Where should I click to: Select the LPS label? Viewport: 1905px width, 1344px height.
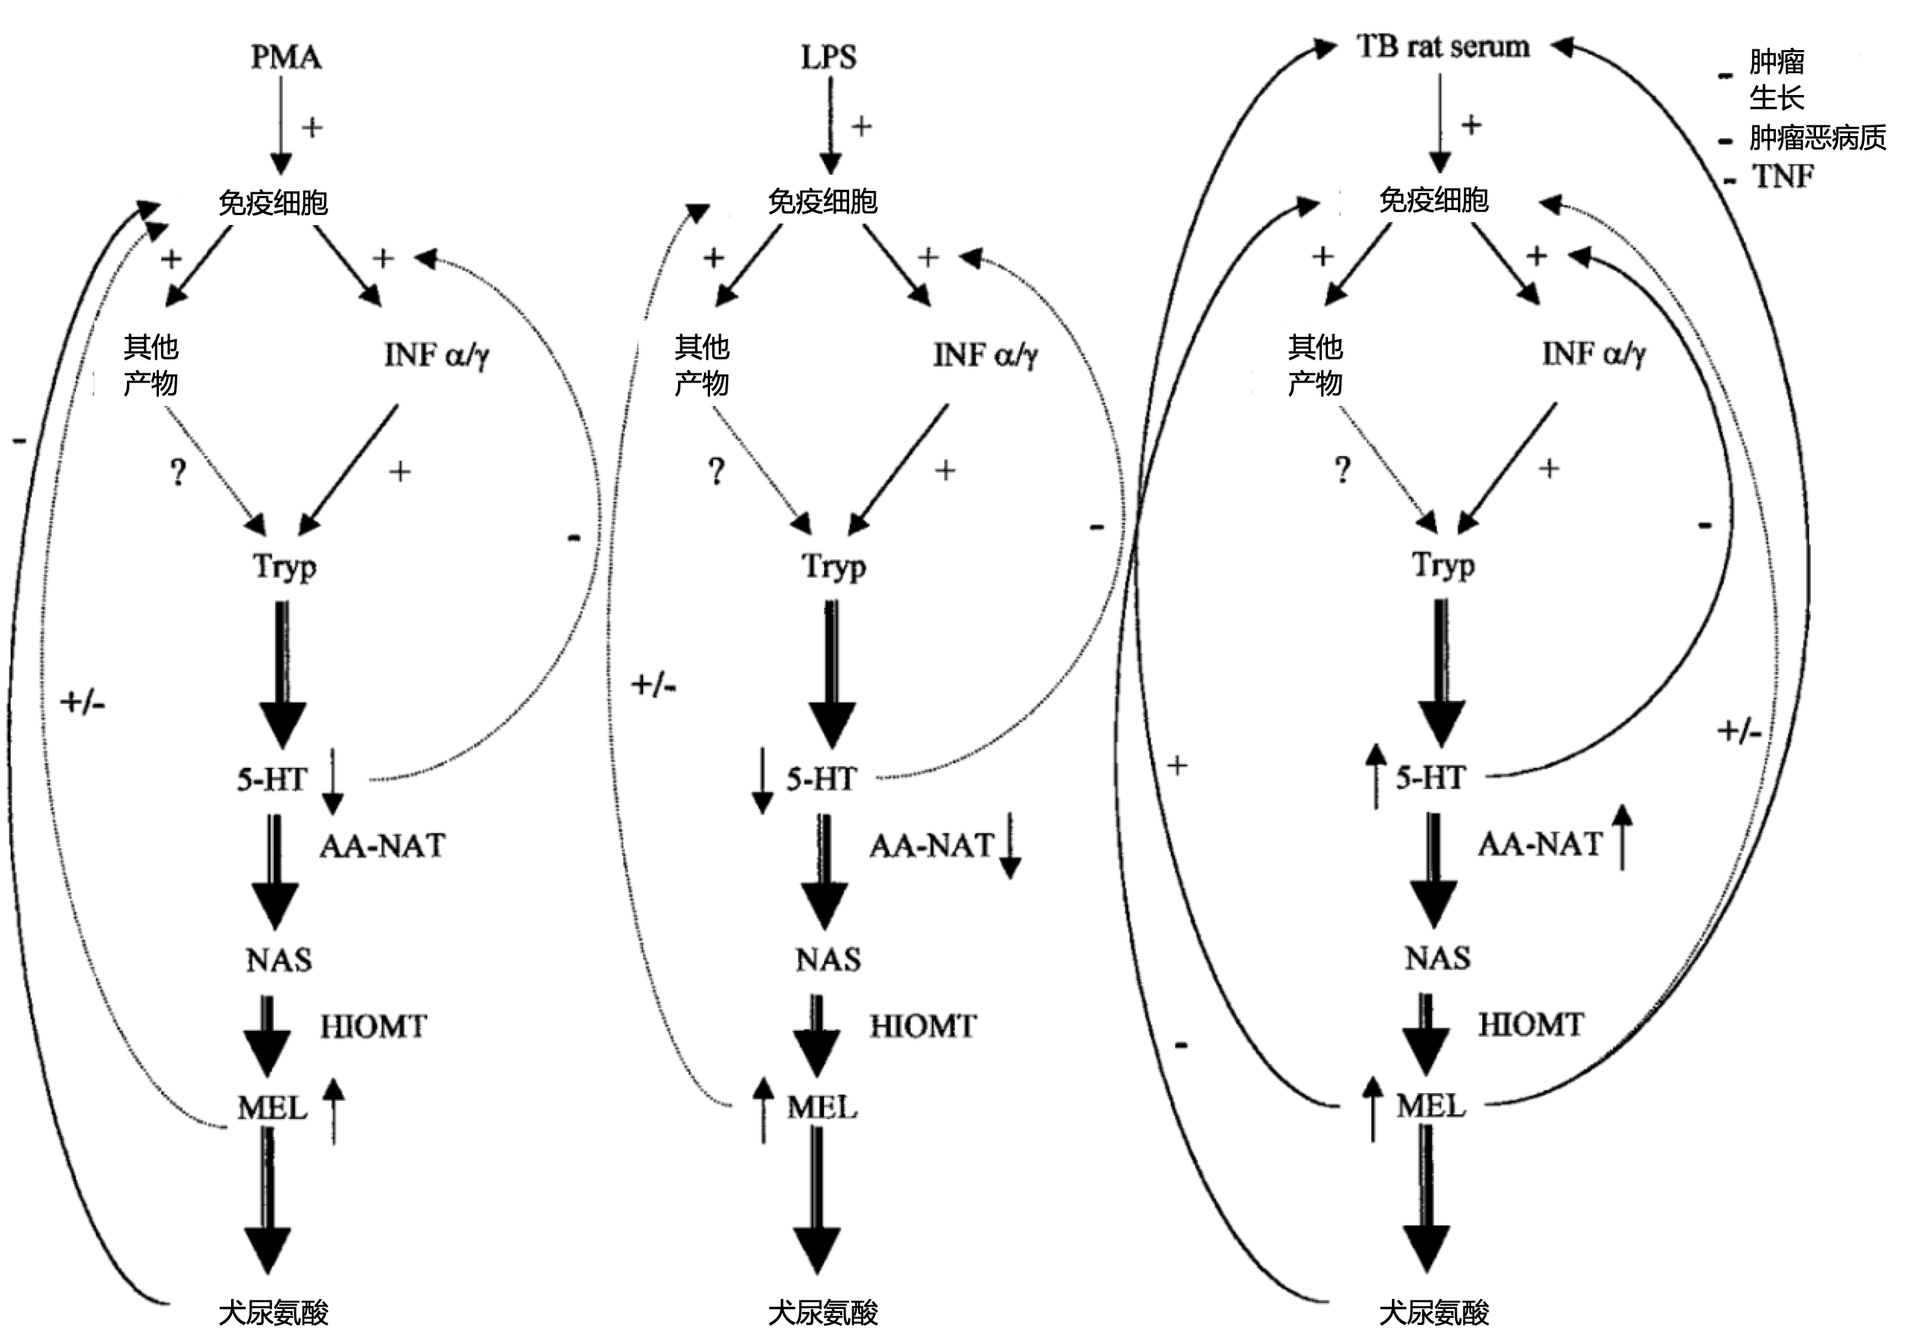coord(828,57)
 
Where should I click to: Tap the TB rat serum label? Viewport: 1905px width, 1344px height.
coord(1443,46)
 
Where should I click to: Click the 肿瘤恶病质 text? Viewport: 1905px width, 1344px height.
coord(1817,138)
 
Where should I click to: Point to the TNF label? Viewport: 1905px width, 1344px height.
coord(1782,176)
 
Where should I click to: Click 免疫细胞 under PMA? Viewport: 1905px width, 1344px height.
coord(273,202)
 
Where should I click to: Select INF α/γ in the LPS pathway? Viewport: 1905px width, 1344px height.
coord(985,355)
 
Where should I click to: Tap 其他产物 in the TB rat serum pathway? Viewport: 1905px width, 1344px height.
coord(1315,365)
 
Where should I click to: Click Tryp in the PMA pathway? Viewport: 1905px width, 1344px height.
coord(284,567)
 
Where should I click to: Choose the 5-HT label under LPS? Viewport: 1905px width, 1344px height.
coord(820,779)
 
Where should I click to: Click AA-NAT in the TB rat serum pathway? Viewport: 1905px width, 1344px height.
coord(1539,845)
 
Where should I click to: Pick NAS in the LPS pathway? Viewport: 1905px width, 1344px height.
coord(828,960)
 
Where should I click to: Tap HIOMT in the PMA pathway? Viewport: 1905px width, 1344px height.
coord(373,1027)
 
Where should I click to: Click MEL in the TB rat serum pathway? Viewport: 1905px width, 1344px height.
coord(1431,1106)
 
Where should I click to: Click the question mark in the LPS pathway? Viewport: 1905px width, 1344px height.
coord(716,471)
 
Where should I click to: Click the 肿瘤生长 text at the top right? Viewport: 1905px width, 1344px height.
coord(1777,80)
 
